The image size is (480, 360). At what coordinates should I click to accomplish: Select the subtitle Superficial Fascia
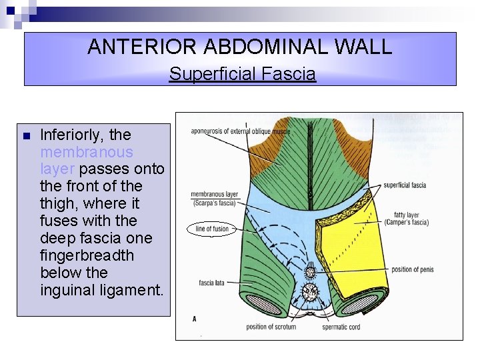(x=242, y=74)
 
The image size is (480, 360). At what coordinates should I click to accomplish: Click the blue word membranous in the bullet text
(x=87, y=152)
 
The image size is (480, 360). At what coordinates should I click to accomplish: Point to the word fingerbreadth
(x=87, y=255)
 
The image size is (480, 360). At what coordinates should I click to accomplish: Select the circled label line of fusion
(x=212, y=229)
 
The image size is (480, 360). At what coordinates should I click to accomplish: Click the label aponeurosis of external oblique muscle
(x=240, y=132)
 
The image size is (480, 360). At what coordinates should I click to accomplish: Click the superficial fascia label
(x=405, y=185)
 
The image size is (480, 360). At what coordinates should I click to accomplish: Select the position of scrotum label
(x=271, y=327)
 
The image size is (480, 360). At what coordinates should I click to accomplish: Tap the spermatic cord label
(x=341, y=327)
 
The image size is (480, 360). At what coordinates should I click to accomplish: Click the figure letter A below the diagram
(x=194, y=319)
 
